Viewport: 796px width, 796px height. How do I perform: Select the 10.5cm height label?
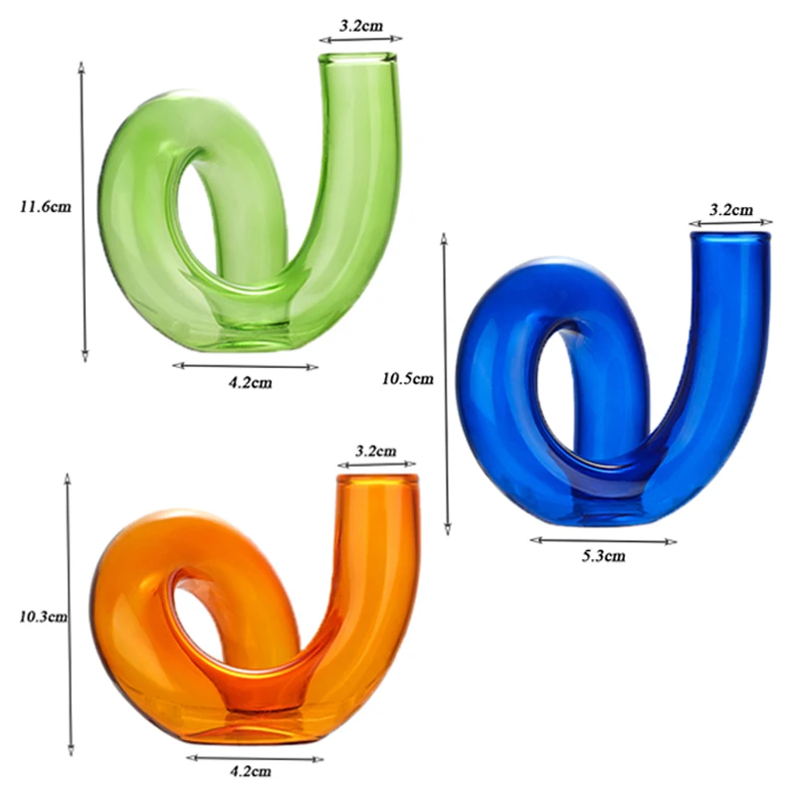(408, 378)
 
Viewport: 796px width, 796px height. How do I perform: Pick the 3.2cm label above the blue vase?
(730, 210)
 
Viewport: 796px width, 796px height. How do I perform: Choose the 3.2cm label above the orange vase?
(376, 451)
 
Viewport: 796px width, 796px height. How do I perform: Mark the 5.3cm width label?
(604, 556)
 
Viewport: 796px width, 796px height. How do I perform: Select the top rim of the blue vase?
(730, 236)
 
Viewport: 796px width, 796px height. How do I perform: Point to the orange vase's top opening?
(377, 480)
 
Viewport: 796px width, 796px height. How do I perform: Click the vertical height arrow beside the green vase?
(83, 209)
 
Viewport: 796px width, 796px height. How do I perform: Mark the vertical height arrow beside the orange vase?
(70, 615)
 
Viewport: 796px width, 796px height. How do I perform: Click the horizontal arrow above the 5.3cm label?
(603, 540)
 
